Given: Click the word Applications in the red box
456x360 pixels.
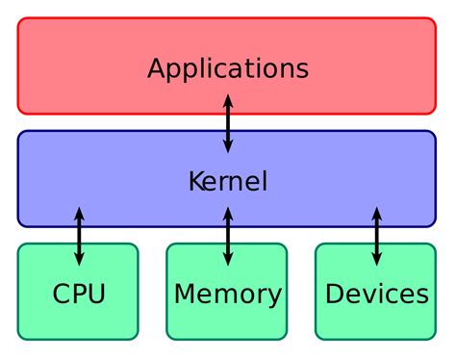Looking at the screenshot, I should tap(228, 69).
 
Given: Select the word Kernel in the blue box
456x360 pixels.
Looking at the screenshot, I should tap(228, 180).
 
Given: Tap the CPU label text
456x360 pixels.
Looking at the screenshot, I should tap(78, 294).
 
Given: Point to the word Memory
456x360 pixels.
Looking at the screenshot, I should tap(227, 294).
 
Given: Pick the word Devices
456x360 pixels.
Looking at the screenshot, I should tap(376, 294).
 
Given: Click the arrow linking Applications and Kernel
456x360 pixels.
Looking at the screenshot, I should tap(228, 122).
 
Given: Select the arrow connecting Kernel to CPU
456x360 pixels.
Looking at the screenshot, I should tap(79, 235).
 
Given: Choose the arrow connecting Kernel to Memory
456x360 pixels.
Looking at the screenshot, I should tap(228, 235).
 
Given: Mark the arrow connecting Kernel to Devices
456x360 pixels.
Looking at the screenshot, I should tap(376, 235).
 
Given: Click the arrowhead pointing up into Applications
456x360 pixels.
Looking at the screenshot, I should tap(228, 99).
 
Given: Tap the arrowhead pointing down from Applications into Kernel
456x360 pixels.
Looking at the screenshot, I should tap(228, 146).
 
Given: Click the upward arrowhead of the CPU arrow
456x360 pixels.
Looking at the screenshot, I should tap(79, 212).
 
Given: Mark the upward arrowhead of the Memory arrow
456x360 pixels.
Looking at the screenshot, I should tap(228, 212).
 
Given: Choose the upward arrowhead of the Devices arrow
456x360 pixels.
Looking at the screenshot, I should tap(376, 212).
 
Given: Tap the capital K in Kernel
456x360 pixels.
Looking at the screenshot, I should tap(195, 180).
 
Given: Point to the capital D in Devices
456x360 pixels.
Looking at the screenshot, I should tap(335, 294).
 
